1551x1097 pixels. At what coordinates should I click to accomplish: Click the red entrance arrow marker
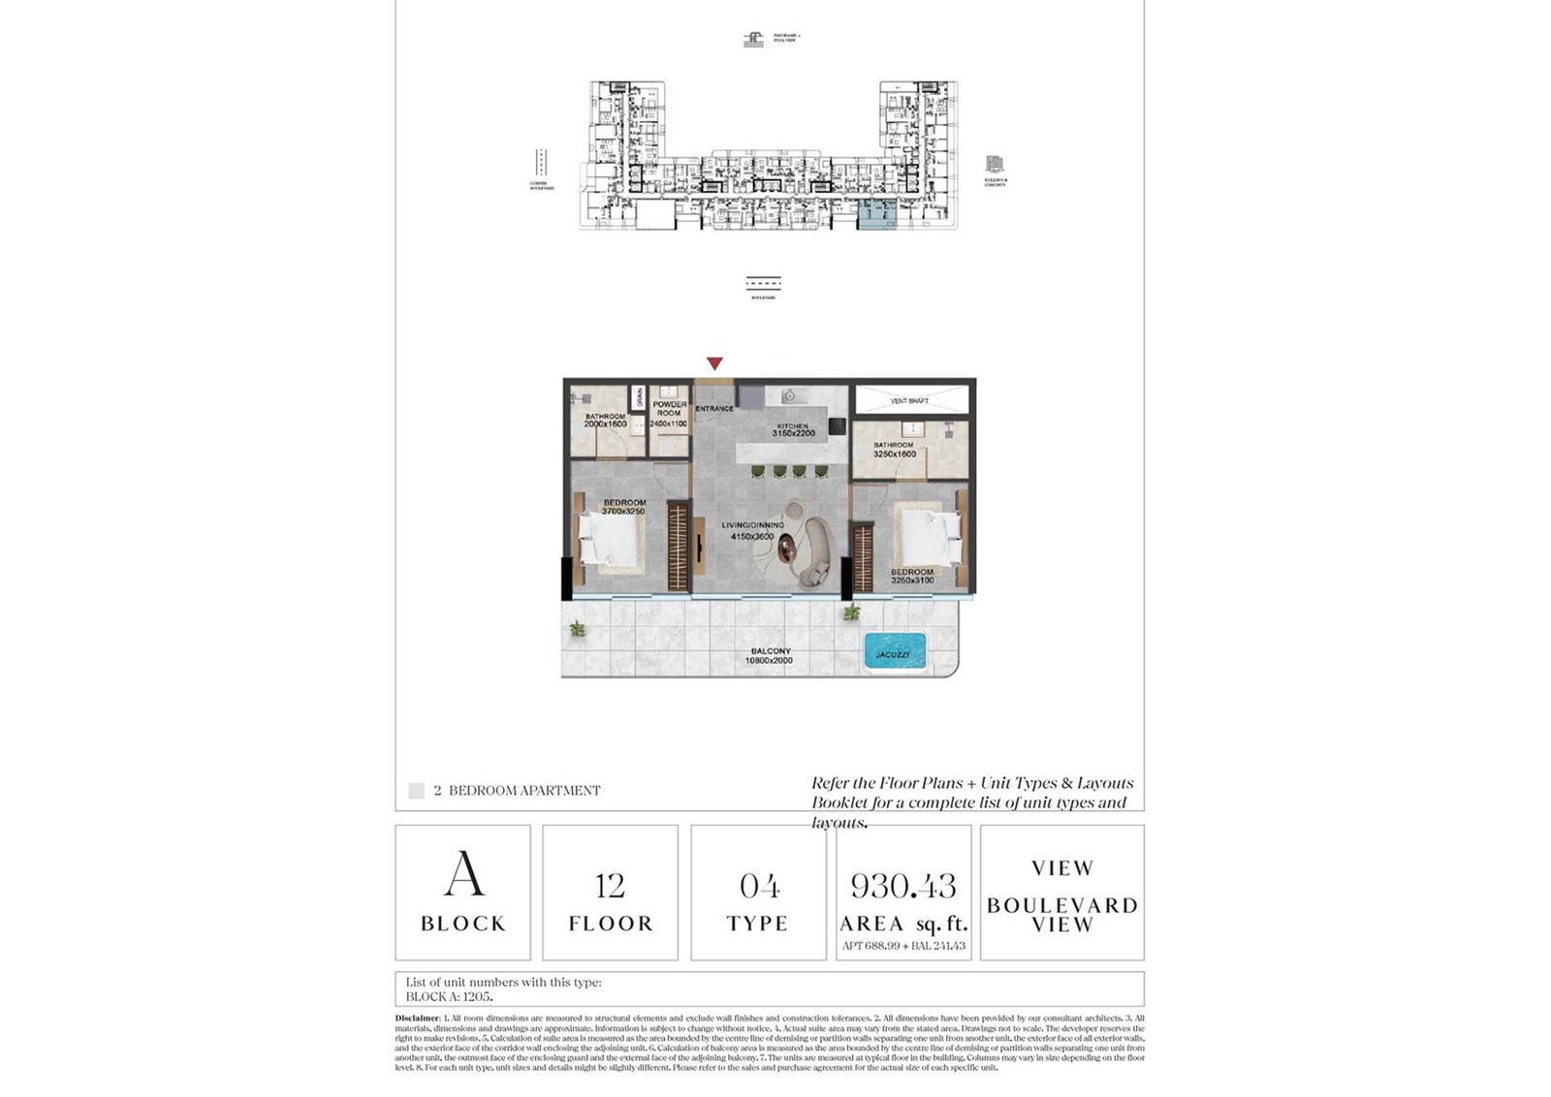click(714, 363)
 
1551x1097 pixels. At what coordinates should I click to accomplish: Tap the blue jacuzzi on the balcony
click(894, 652)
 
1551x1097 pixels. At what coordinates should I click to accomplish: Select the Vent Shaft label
click(909, 400)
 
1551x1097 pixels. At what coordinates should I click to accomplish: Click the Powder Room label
click(669, 409)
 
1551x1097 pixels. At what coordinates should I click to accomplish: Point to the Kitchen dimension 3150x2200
click(793, 434)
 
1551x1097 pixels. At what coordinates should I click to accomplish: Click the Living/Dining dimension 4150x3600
click(752, 536)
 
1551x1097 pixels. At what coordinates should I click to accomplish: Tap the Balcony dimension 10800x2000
click(769, 661)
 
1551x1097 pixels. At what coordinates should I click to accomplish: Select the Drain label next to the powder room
click(639, 397)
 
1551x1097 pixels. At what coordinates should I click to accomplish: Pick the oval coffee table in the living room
click(786, 549)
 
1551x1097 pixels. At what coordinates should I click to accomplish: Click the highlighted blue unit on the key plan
click(877, 215)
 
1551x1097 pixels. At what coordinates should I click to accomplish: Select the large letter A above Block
click(463, 874)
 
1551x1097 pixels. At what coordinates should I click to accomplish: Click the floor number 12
click(610, 886)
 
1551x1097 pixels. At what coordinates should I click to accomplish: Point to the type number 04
click(759, 886)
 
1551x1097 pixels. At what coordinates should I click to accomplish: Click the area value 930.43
click(902, 886)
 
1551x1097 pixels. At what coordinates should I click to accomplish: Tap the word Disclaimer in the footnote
click(417, 1019)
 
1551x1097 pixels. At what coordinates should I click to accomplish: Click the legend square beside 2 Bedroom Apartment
click(416, 791)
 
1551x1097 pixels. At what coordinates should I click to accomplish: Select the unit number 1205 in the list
click(477, 996)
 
